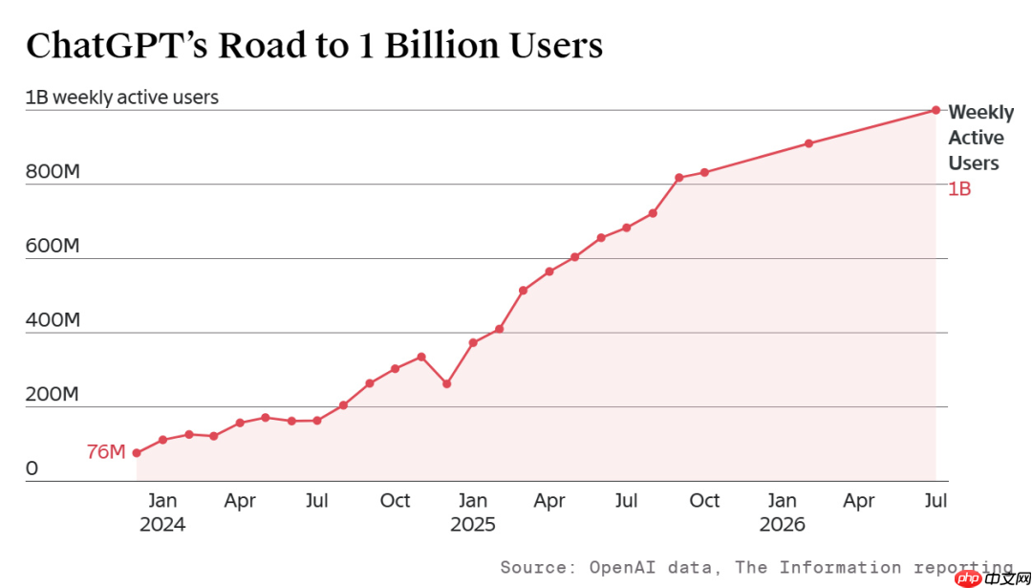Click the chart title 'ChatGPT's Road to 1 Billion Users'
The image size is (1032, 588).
tap(314, 46)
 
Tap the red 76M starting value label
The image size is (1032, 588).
tap(105, 452)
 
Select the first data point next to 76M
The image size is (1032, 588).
tap(137, 453)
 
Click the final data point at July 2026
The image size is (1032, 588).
tap(935, 110)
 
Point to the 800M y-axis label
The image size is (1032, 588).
tap(53, 172)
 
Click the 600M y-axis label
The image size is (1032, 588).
tap(53, 247)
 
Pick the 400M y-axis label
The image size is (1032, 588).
tap(53, 321)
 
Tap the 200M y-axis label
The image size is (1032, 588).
tap(53, 396)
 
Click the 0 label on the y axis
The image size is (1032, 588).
tap(32, 469)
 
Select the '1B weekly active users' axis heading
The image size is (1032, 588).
tap(121, 98)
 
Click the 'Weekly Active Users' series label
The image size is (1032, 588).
tap(980, 138)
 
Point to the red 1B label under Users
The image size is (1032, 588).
tap(959, 189)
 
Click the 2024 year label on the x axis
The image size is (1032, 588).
tap(161, 526)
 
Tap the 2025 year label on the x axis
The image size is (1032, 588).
tap(472, 526)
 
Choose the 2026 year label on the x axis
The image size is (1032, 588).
tap(782, 526)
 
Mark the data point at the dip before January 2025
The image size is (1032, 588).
tap(447, 384)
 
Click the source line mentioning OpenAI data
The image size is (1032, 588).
tap(757, 567)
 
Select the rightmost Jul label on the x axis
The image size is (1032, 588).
tap(935, 501)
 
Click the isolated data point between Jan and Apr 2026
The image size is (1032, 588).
tap(809, 142)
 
